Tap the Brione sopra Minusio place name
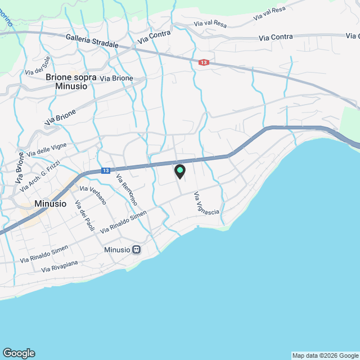pyautogui.click(x=71, y=82)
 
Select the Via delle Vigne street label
pyautogui.click(x=47, y=148)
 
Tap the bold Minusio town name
pyautogui.click(x=51, y=204)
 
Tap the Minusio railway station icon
pyautogui.click(x=136, y=249)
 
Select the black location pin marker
pyautogui.click(x=180, y=172)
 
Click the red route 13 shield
pyautogui.click(x=204, y=62)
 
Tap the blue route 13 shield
pyautogui.click(x=106, y=170)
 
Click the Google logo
pyautogui.click(x=19, y=353)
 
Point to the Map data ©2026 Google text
pyautogui.click(x=325, y=355)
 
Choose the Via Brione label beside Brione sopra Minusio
pyautogui.click(x=116, y=78)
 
